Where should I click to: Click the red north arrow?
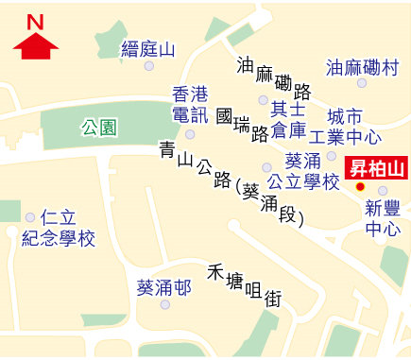[x=35, y=45]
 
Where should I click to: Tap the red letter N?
[x=35, y=21]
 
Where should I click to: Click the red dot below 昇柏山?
[x=359, y=187]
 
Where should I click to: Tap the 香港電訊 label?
[x=188, y=105]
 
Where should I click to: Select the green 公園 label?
[x=98, y=126]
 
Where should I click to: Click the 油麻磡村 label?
[x=362, y=67]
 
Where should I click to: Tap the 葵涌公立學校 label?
[x=302, y=171]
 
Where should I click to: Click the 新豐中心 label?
[x=383, y=218]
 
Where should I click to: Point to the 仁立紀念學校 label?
[x=59, y=229]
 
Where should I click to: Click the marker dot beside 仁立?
[x=31, y=217]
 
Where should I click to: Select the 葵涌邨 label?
[x=163, y=287]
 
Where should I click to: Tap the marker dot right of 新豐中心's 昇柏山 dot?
[x=383, y=190]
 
